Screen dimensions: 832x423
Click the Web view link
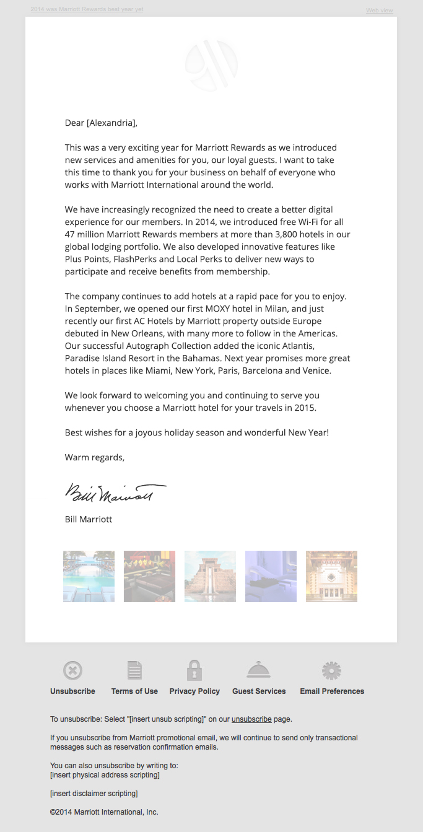(x=379, y=11)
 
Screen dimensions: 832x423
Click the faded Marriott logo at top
(x=211, y=64)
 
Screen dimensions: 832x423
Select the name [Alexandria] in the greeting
(x=111, y=123)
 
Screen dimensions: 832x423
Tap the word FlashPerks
(x=131, y=259)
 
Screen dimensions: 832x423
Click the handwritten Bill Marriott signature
(x=115, y=493)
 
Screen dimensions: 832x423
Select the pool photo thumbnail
(x=89, y=576)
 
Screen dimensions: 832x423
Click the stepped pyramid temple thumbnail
(x=210, y=576)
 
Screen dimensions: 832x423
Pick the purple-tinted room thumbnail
(x=271, y=576)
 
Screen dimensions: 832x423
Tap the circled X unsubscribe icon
(x=72, y=670)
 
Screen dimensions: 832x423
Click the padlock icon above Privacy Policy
(x=194, y=670)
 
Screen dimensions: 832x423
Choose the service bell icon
(x=259, y=670)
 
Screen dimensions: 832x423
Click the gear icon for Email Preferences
(x=332, y=670)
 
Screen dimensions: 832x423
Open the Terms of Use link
(x=134, y=691)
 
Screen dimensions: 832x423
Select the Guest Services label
(x=259, y=691)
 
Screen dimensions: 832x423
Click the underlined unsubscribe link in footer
(x=251, y=719)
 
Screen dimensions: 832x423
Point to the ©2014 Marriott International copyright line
(x=104, y=812)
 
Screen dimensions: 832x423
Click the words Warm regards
(x=94, y=457)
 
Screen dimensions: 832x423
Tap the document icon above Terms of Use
(x=134, y=670)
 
